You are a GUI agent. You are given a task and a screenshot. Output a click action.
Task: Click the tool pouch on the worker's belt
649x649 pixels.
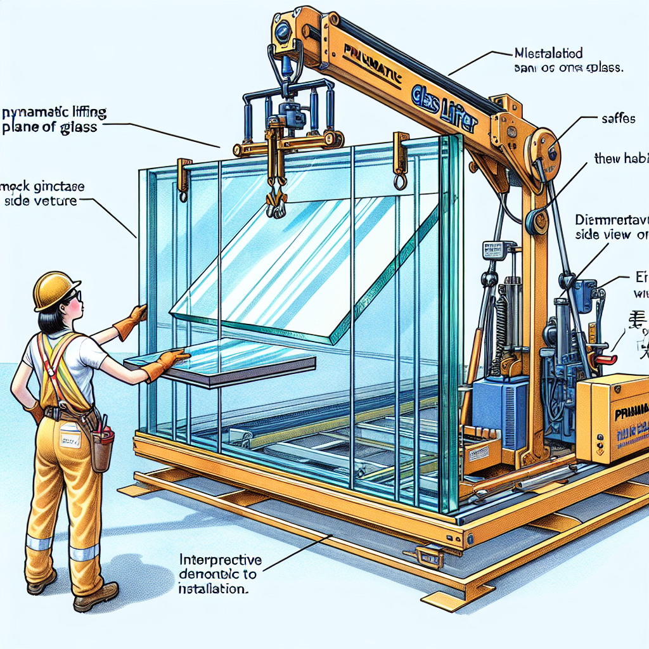[x=101, y=447]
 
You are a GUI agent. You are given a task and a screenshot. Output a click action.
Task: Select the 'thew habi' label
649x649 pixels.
[x=621, y=159]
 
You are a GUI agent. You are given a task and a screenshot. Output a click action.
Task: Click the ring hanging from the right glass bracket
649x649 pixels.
[x=401, y=183]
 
